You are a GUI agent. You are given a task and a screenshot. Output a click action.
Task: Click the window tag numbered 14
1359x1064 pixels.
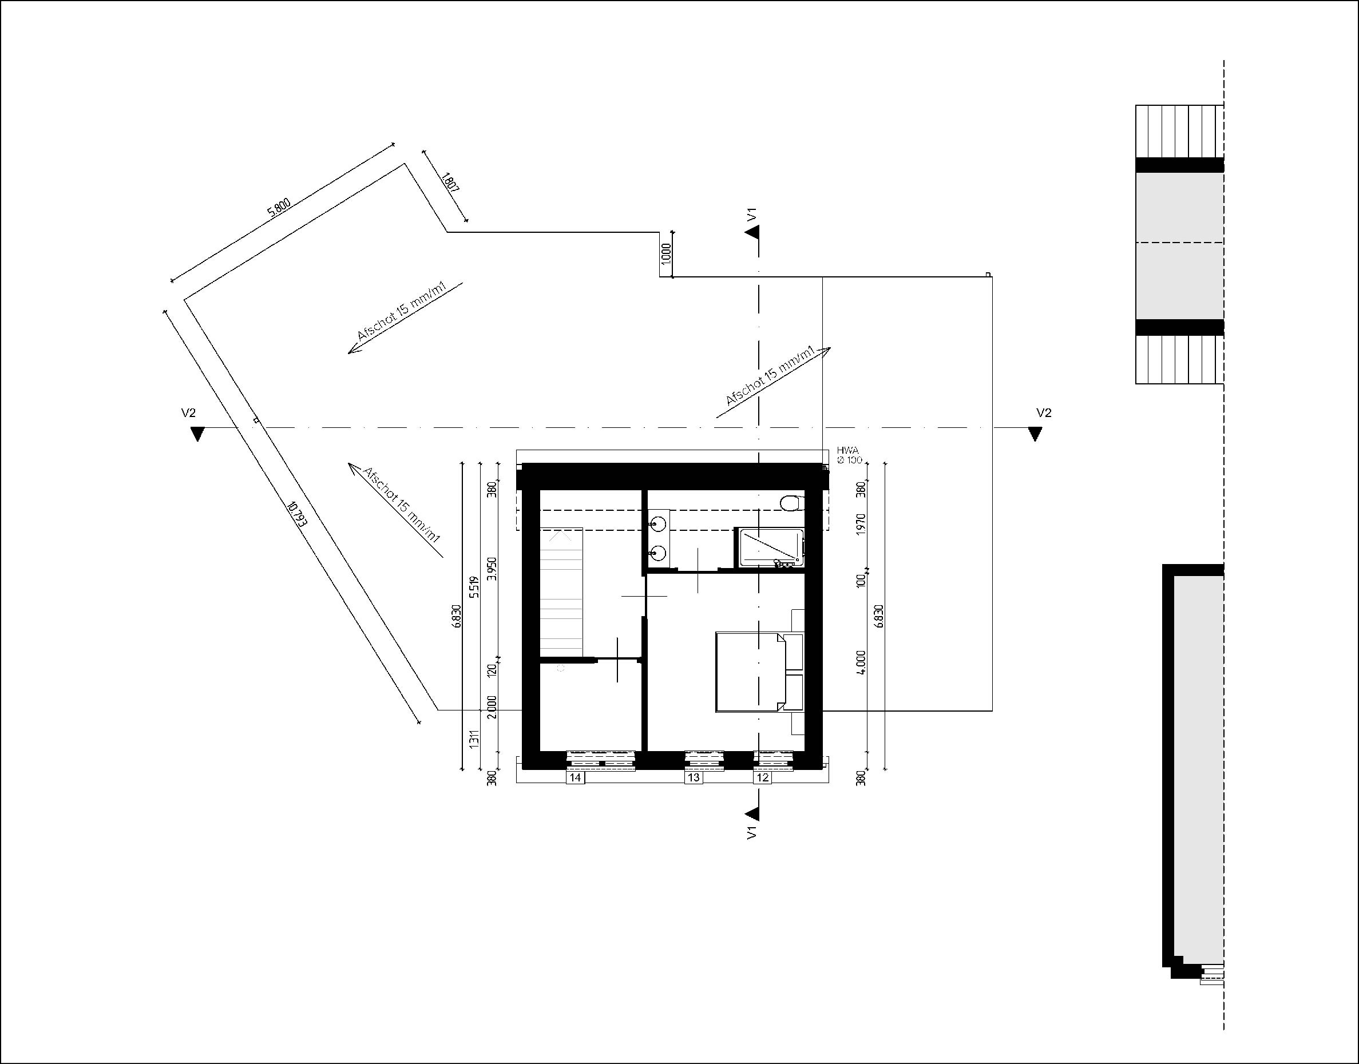coord(575,777)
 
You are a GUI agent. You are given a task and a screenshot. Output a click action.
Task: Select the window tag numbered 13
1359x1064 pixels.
coord(694,777)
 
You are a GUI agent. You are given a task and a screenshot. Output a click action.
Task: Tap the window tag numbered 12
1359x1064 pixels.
coord(762,777)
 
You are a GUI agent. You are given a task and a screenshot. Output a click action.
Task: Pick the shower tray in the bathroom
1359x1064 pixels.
coord(770,547)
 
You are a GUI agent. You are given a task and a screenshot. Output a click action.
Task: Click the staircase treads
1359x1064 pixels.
coord(561,592)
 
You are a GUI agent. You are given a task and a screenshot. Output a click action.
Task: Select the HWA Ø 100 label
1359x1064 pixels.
coord(849,455)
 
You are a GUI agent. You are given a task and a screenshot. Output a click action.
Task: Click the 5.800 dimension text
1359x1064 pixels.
coord(279,207)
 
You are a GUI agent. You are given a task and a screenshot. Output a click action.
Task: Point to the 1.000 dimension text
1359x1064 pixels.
coord(666,253)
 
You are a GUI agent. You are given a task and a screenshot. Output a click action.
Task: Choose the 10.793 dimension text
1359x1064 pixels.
coord(296,515)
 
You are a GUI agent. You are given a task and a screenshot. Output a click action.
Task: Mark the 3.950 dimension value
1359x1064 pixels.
coord(492,569)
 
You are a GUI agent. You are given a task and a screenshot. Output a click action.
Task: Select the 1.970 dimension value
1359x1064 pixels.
coord(862,525)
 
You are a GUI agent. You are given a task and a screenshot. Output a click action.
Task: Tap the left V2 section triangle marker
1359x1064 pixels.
coord(197,434)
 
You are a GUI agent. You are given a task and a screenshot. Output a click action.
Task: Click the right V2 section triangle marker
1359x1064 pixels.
coord(1035,434)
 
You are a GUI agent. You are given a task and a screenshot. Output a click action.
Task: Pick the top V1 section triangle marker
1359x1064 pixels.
coord(752,232)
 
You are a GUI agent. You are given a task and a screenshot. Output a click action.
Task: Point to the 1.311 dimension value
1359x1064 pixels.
coord(475,739)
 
